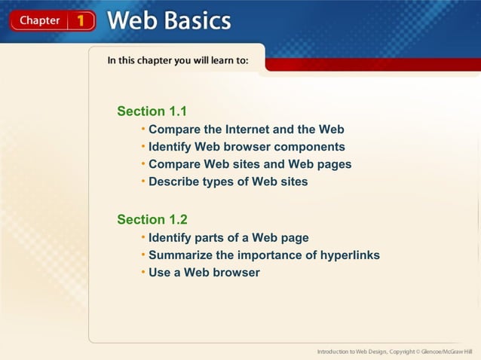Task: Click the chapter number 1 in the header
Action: click(x=81, y=20)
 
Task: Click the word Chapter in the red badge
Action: click(x=38, y=20)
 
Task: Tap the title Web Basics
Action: click(x=169, y=20)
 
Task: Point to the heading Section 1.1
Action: click(x=152, y=111)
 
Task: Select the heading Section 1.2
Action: click(x=152, y=220)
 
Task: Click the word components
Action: click(x=309, y=147)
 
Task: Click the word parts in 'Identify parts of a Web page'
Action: click(x=214, y=238)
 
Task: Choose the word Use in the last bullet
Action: click(x=160, y=273)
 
